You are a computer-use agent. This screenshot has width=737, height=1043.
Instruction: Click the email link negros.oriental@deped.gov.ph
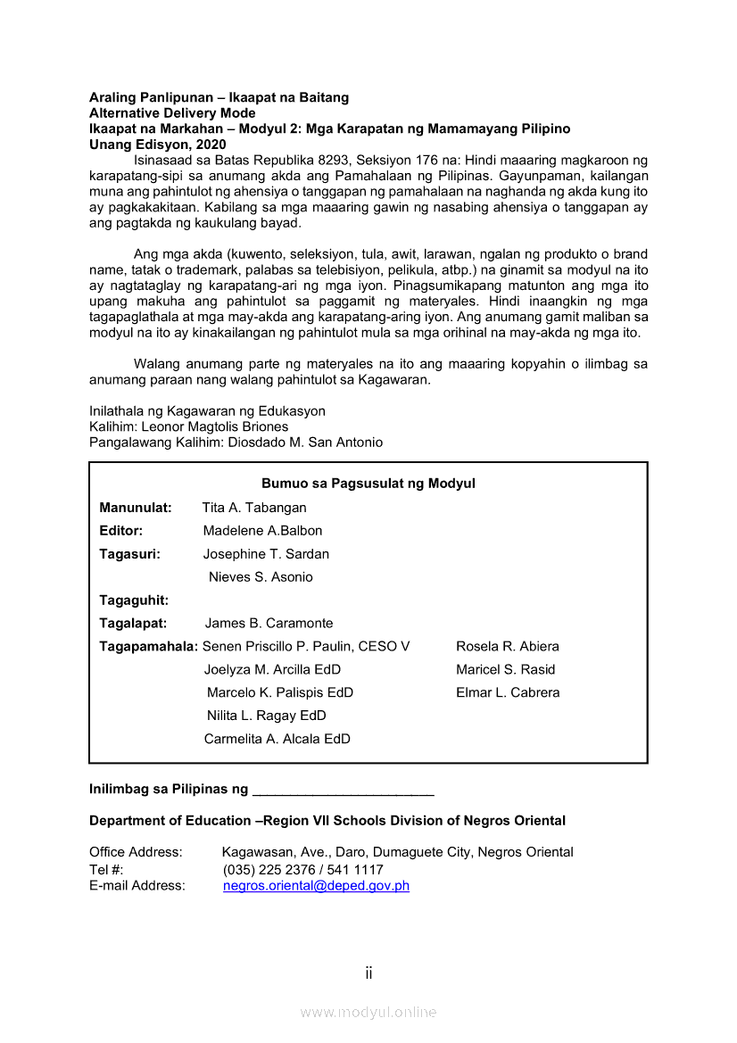(x=316, y=886)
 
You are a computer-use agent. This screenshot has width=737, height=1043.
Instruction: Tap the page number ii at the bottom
(x=368, y=973)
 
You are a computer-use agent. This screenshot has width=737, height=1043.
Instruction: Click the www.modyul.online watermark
(x=368, y=1012)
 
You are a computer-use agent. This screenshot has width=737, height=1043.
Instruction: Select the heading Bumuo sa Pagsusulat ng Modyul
(x=368, y=484)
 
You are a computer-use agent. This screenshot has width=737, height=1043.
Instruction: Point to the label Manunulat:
(x=136, y=508)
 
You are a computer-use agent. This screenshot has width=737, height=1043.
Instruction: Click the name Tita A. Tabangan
(x=254, y=508)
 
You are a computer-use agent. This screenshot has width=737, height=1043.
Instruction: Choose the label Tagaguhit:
(x=134, y=600)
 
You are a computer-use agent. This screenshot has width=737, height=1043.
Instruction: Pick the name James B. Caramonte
(x=269, y=624)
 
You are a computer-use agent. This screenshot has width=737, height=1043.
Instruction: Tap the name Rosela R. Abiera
(x=508, y=647)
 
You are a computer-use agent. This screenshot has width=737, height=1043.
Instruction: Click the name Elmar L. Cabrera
(x=508, y=692)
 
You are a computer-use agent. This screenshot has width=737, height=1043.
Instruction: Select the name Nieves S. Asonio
(x=261, y=577)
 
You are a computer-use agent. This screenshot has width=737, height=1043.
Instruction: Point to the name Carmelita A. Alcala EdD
(x=277, y=739)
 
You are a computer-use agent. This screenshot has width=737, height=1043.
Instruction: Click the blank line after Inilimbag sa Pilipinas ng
(x=344, y=791)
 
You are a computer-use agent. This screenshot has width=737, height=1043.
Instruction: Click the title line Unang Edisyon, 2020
(x=158, y=145)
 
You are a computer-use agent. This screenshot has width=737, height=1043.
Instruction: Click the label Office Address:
(x=136, y=852)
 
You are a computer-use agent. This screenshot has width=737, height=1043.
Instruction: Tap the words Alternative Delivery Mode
(x=172, y=113)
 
